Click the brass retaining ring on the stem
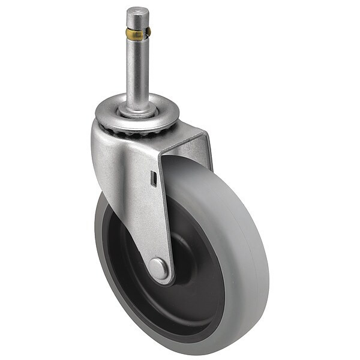click(x=137, y=34)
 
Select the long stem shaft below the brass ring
click(x=137, y=72)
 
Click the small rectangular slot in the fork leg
click(x=153, y=178)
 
